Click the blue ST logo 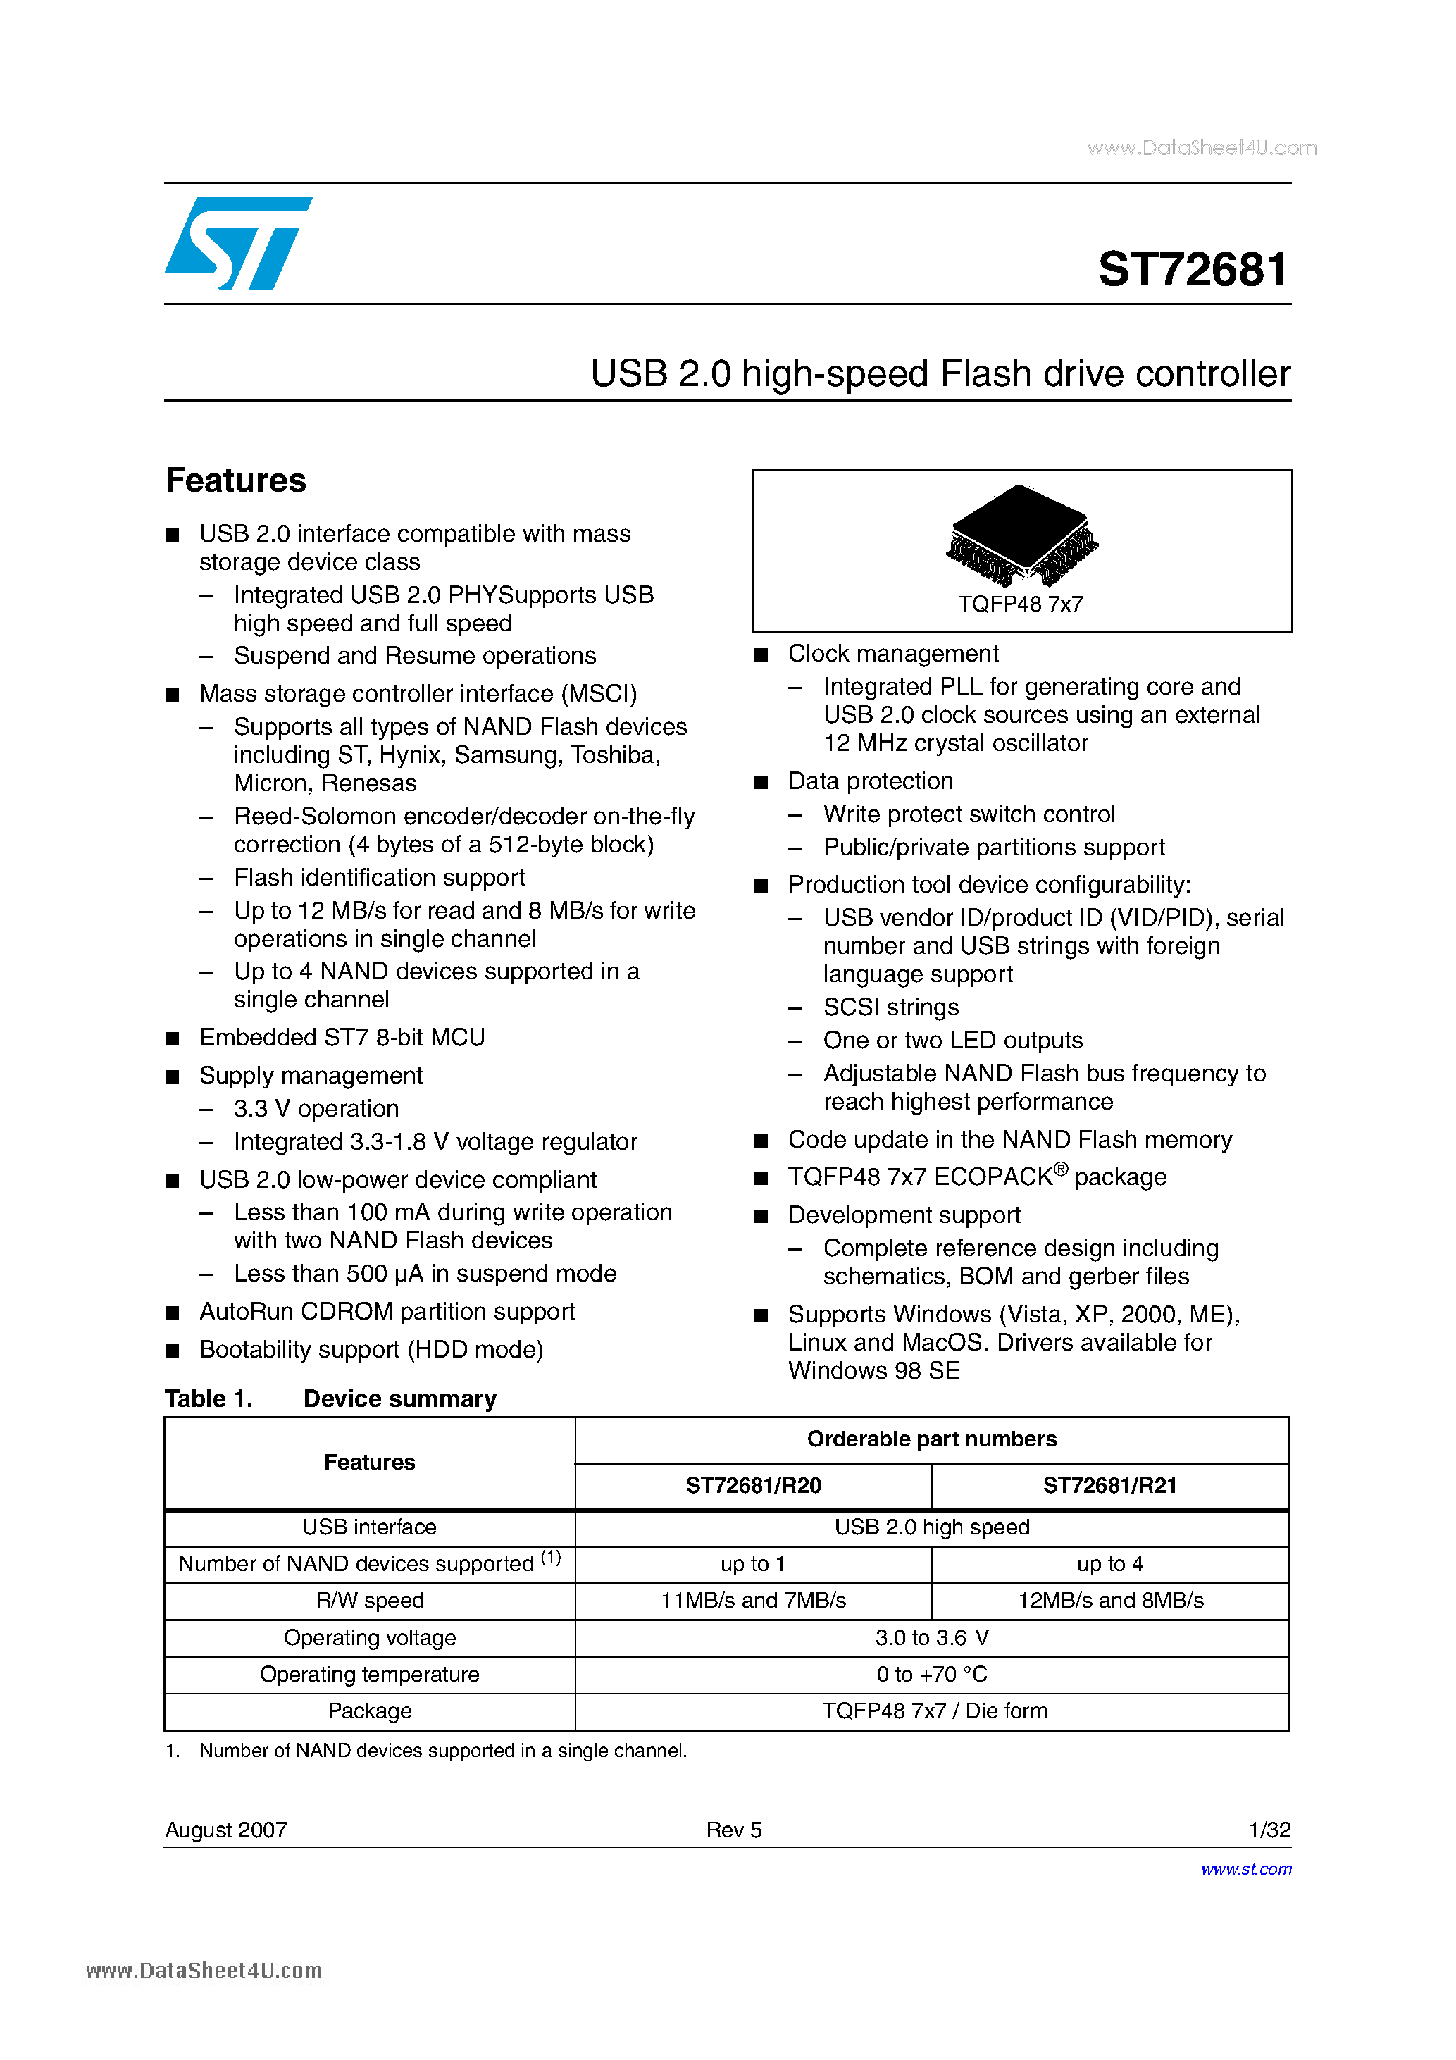[x=237, y=243]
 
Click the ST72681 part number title [x=1193, y=269]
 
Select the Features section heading [x=236, y=481]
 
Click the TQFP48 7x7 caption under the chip [x=1020, y=604]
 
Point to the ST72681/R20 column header [x=753, y=1486]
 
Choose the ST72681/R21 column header [x=1109, y=1486]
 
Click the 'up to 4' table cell [x=1109, y=1564]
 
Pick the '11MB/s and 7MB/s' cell [x=753, y=1601]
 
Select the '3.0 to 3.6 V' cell [x=931, y=1637]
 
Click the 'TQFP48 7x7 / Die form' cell [x=934, y=1711]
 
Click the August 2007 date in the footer [x=226, y=1830]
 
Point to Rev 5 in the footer [x=733, y=1830]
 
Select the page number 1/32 [x=1269, y=1830]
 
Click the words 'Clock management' [x=892, y=654]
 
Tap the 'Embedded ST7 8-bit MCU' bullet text [x=342, y=1038]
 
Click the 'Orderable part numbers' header [x=931, y=1439]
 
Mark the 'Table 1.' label [x=209, y=1398]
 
